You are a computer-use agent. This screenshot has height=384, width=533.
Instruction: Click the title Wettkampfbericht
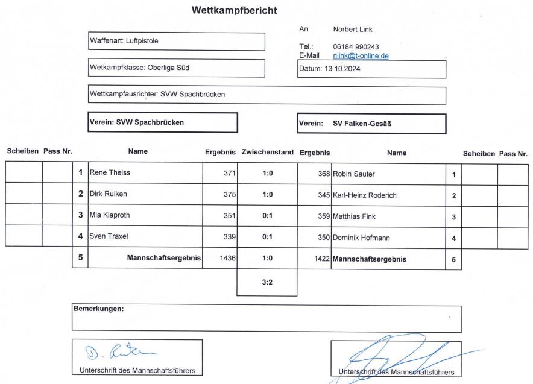(x=234, y=11)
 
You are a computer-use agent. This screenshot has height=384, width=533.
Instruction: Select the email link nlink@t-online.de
(x=361, y=55)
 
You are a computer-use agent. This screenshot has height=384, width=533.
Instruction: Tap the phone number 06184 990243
(x=356, y=46)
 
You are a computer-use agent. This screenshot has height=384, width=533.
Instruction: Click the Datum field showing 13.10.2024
(x=371, y=69)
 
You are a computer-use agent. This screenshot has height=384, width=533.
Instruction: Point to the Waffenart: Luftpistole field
(x=177, y=42)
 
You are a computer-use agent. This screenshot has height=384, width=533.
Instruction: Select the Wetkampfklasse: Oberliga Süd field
(x=177, y=68)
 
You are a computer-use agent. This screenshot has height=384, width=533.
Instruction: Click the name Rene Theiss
(x=110, y=172)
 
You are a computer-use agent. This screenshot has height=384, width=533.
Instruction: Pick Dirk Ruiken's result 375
(x=229, y=195)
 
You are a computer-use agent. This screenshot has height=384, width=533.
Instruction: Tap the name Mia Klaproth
(x=110, y=215)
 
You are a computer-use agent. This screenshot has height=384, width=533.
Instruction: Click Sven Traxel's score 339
(x=229, y=237)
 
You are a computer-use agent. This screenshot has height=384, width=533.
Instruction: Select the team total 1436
(x=228, y=258)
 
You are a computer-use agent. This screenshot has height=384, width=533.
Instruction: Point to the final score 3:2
(x=267, y=281)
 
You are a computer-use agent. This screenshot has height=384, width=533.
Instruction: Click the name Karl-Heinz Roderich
(x=364, y=195)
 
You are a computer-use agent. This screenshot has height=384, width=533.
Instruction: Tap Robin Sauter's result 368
(x=324, y=174)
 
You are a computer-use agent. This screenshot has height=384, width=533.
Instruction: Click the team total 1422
(x=322, y=259)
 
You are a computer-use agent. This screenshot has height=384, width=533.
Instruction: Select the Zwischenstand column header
(x=267, y=153)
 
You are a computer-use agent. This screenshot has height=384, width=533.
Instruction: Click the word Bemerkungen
(x=98, y=309)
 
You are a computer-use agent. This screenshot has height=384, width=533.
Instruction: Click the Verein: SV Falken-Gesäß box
(x=371, y=123)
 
